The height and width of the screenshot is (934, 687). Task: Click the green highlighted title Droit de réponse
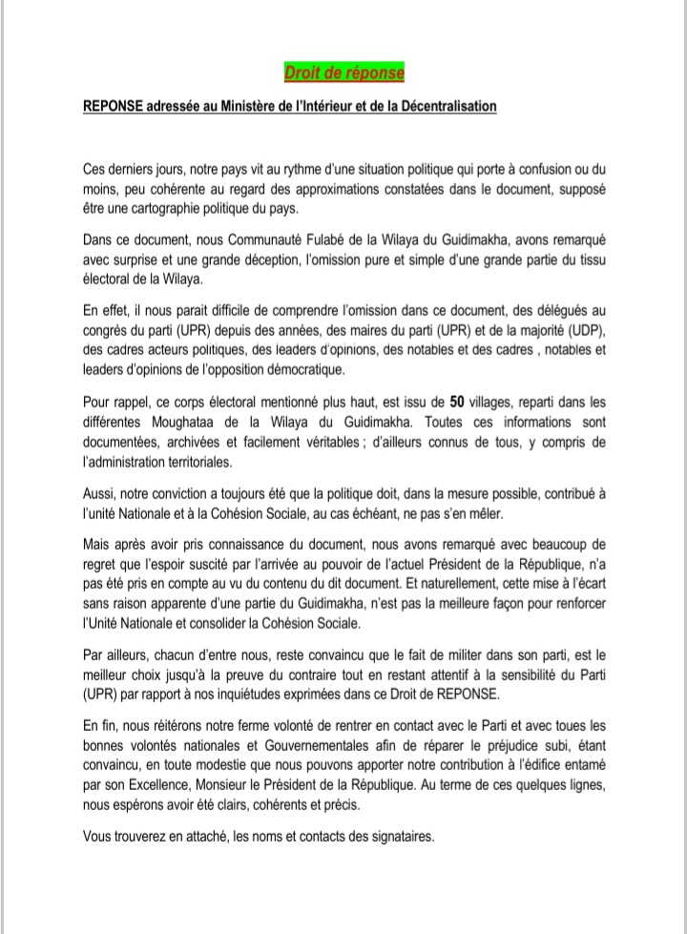[x=343, y=73]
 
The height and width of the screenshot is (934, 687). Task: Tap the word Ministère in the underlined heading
[x=252, y=107]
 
